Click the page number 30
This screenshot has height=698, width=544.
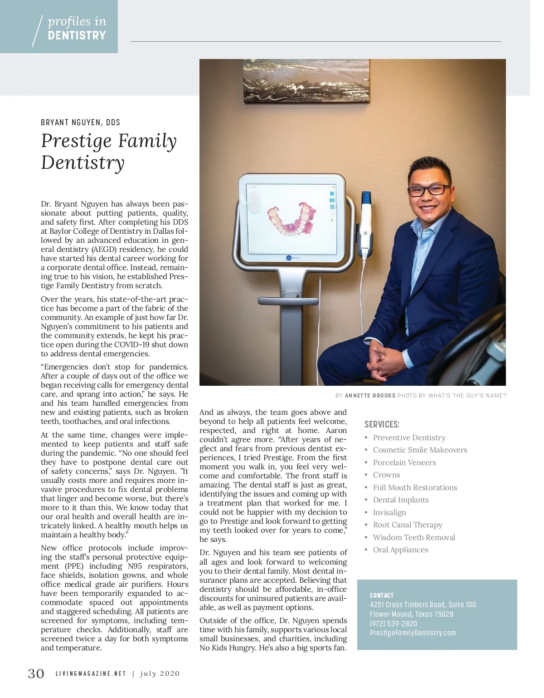coord(36,673)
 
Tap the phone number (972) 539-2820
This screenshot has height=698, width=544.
coord(393,624)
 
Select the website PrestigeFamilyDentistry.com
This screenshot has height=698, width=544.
coord(413,633)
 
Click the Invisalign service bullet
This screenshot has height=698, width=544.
coord(389,512)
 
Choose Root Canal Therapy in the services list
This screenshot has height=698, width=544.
coord(407,525)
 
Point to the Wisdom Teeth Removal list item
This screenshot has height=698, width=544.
coord(414,537)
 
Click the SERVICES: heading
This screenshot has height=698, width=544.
coord(382,424)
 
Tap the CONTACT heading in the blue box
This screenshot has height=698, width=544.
coord(382,595)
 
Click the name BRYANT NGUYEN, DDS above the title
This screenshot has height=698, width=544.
coord(80,122)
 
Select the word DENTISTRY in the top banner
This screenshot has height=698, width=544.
coord(77,35)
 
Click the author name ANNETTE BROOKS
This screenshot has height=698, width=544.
coord(370,396)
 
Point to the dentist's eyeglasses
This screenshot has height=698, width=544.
coord(428,190)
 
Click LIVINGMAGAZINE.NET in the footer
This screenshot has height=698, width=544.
coord(91,673)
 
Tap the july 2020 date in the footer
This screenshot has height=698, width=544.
coord(160,673)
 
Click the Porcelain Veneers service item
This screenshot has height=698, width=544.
coord(404,462)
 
